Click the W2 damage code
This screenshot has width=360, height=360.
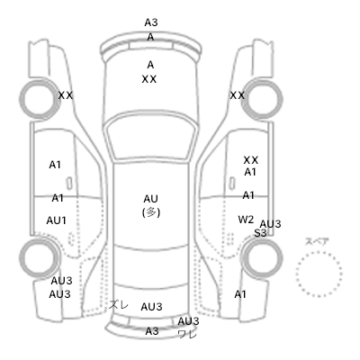(x=246, y=220)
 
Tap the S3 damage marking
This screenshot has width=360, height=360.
(x=260, y=233)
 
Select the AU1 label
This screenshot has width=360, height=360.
(x=56, y=220)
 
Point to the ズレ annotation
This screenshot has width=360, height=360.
(x=119, y=305)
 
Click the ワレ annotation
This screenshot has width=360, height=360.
(x=187, y=334)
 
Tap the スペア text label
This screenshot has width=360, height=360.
(x=317, y=241)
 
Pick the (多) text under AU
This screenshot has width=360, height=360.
(x=151, y=212)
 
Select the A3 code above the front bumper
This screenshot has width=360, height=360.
(x=151, y=22)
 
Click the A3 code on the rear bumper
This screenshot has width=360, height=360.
(x=152, y=331)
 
